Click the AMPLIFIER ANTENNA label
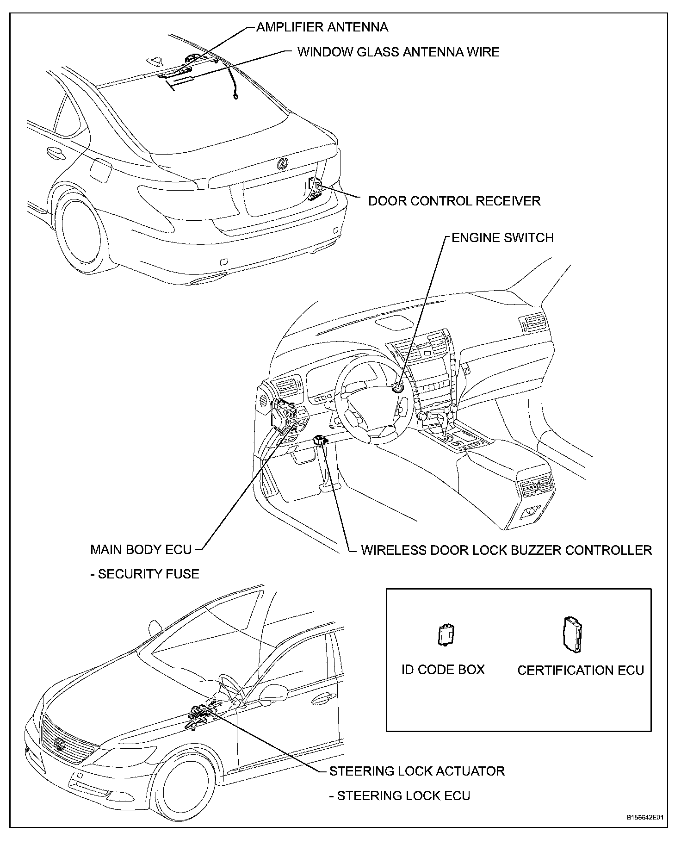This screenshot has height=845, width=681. click(x=322, y=27)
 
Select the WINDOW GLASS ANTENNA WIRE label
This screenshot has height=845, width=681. click(x=398, y=52)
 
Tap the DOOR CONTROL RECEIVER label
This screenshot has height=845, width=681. click(x=454, y=201)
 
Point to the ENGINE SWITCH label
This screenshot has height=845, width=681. click(x=502, y=238)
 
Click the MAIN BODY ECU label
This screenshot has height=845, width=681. click(x=141, y=550)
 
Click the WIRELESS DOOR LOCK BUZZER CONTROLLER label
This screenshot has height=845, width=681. click(x=506, y=550)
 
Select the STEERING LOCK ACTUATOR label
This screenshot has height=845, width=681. click(x=417, y=771)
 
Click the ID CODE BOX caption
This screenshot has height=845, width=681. click(x=443, y=670)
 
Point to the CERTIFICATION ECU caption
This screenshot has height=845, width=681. click(x=581, y=671)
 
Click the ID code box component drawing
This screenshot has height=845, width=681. click(x=446, y=634)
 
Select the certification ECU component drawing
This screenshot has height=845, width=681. click(x=572, y=634)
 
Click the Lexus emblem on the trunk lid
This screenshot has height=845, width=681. click(x=282, y=163)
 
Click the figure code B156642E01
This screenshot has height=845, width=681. click(x=645, y=831)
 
